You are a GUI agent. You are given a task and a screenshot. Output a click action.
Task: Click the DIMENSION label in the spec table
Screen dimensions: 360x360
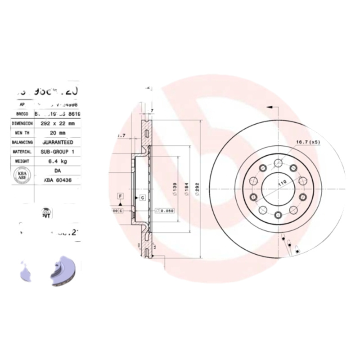pos(22,123)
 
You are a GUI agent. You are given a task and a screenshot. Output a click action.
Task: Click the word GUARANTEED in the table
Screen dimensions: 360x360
pos(58,142)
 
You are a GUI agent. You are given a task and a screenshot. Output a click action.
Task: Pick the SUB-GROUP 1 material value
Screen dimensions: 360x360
pos(58,152)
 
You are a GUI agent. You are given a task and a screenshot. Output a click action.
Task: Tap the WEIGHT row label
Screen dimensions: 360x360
pos(22,161)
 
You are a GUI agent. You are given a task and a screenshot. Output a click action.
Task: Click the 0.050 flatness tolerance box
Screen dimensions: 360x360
pos(165,210)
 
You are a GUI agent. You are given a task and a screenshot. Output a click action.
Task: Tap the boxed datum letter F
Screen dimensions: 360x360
pos(120,195)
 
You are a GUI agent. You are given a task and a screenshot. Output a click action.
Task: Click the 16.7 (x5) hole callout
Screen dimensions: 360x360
pos(307,142)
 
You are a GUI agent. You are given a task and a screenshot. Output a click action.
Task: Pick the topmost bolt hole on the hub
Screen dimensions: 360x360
pos(278,162)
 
